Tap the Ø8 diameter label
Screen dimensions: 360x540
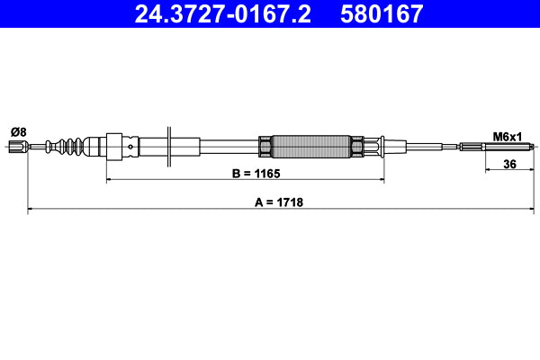[x=18, y=131]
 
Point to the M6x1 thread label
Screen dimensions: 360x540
[x=506, y=136]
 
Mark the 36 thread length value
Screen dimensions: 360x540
[x=509, y=164]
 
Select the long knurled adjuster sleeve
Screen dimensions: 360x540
[x=310, y=146]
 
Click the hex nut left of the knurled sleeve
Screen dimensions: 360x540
[x=265, y=146]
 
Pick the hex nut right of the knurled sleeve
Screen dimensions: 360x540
[x=356, y=146]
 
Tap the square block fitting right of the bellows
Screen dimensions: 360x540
[x=114, y=146]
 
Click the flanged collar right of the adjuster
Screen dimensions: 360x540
[x=382, y=146]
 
